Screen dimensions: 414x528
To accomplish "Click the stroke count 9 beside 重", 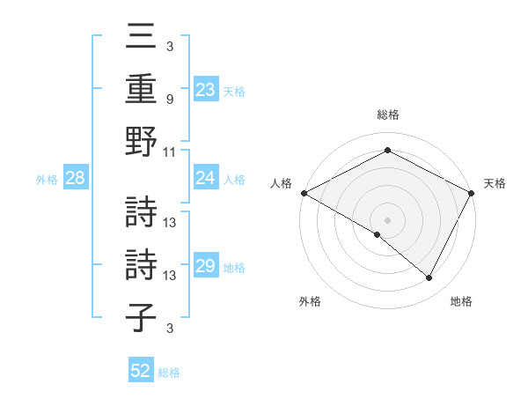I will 170,99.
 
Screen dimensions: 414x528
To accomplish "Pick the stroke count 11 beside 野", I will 170,152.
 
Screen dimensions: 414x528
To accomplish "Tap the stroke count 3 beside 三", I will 170,46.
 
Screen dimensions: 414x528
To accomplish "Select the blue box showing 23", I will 205,90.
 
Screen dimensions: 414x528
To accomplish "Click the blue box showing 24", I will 205,179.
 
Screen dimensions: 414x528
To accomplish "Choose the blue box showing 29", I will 205,267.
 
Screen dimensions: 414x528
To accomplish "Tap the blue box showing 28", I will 76,179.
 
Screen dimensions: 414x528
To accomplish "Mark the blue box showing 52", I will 141,371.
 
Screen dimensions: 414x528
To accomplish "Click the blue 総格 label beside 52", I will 169,373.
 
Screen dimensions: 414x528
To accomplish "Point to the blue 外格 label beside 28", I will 47,180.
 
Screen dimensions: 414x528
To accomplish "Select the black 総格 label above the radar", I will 388,115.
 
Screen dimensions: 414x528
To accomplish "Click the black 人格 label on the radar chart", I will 282,183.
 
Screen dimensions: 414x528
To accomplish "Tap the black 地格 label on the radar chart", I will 461,302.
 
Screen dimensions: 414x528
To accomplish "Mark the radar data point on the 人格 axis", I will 304,193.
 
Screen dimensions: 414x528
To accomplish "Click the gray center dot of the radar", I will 388,219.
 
